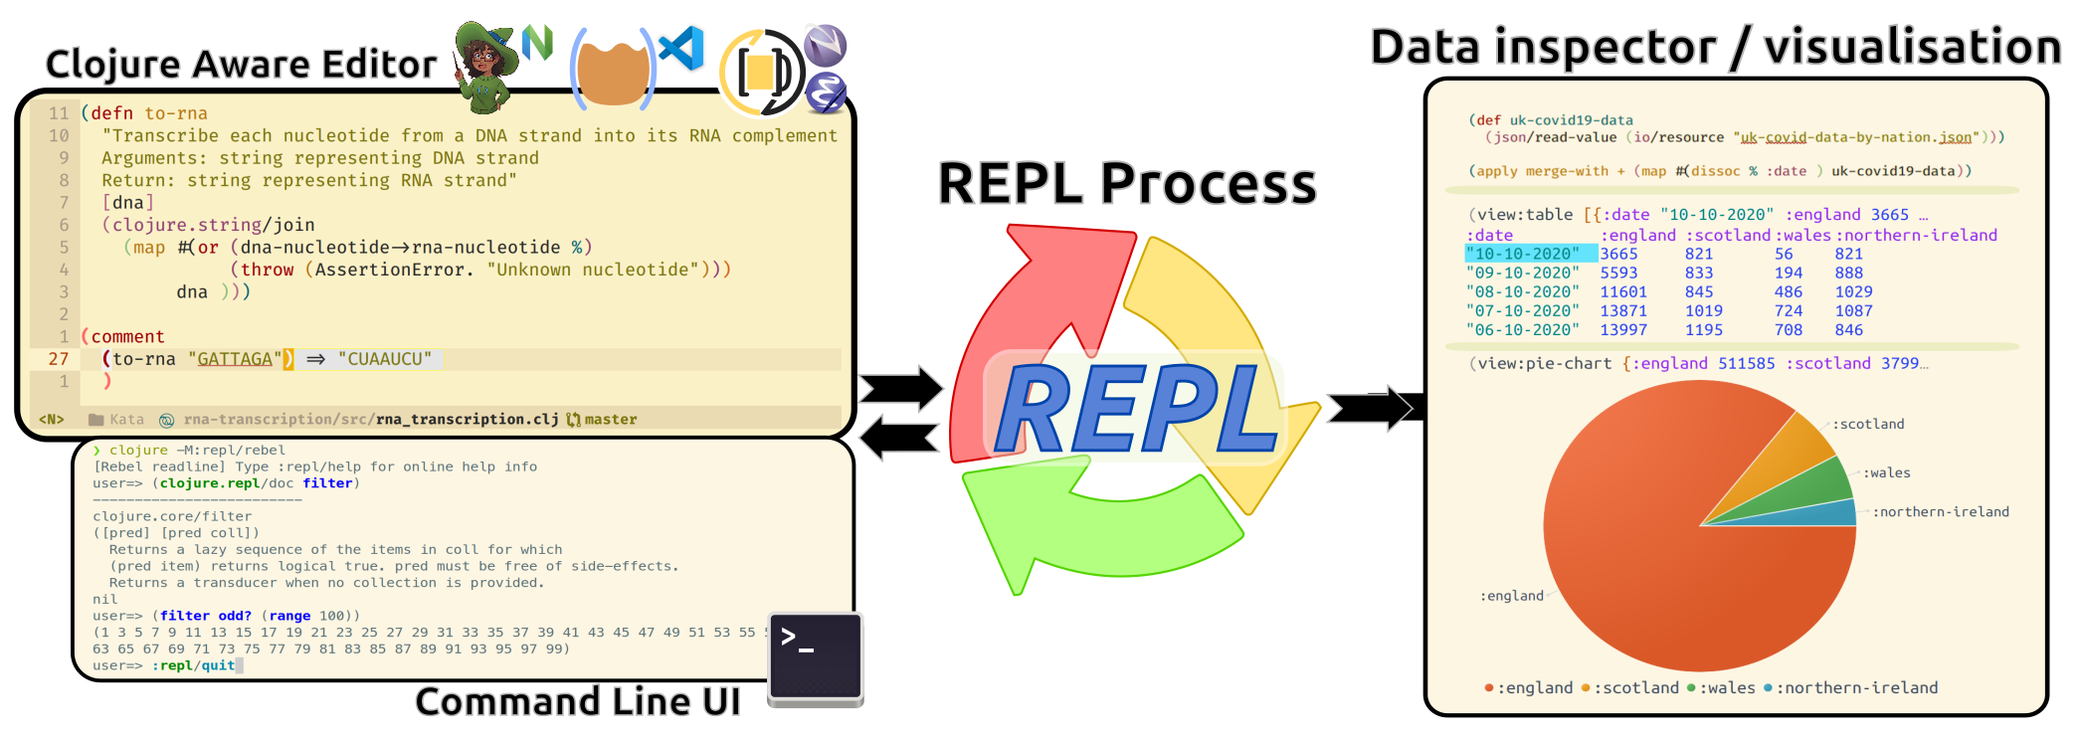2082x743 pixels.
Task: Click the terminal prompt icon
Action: [816, 657]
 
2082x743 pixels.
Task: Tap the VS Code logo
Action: [683, 49]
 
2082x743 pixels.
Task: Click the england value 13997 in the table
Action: [1623, 330]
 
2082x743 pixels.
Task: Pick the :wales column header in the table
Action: [1804, 236]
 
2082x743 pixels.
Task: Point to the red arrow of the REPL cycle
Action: [1035, 318]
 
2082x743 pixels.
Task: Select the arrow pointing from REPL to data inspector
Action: [1369, 408]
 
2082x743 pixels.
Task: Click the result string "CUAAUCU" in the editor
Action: [385, 359]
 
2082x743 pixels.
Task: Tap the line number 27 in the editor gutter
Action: [58, 359]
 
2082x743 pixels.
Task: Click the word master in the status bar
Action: [611, 420]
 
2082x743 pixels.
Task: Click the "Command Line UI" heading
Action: [577, 702]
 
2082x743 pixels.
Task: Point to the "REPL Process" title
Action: [1127, 184]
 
